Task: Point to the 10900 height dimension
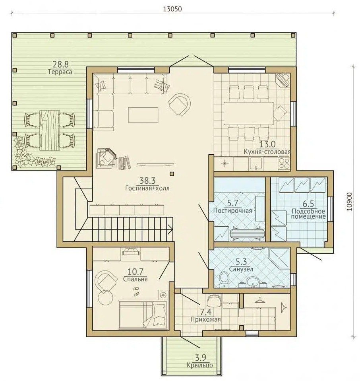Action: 349,202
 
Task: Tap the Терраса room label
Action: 60,72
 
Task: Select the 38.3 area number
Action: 147,181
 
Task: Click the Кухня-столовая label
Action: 267,152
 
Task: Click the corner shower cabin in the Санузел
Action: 279,258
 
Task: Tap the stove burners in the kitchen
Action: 285,163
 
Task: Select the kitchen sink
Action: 255,163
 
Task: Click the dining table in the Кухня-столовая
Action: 249,113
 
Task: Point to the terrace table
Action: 50,130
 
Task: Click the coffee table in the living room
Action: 143,115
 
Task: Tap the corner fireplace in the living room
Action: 106,158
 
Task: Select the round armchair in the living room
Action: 180,105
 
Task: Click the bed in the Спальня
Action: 143,315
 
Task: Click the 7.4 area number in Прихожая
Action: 205,312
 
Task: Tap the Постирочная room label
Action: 232,210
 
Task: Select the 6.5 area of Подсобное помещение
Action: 308,203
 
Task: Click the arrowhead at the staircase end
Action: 171,229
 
